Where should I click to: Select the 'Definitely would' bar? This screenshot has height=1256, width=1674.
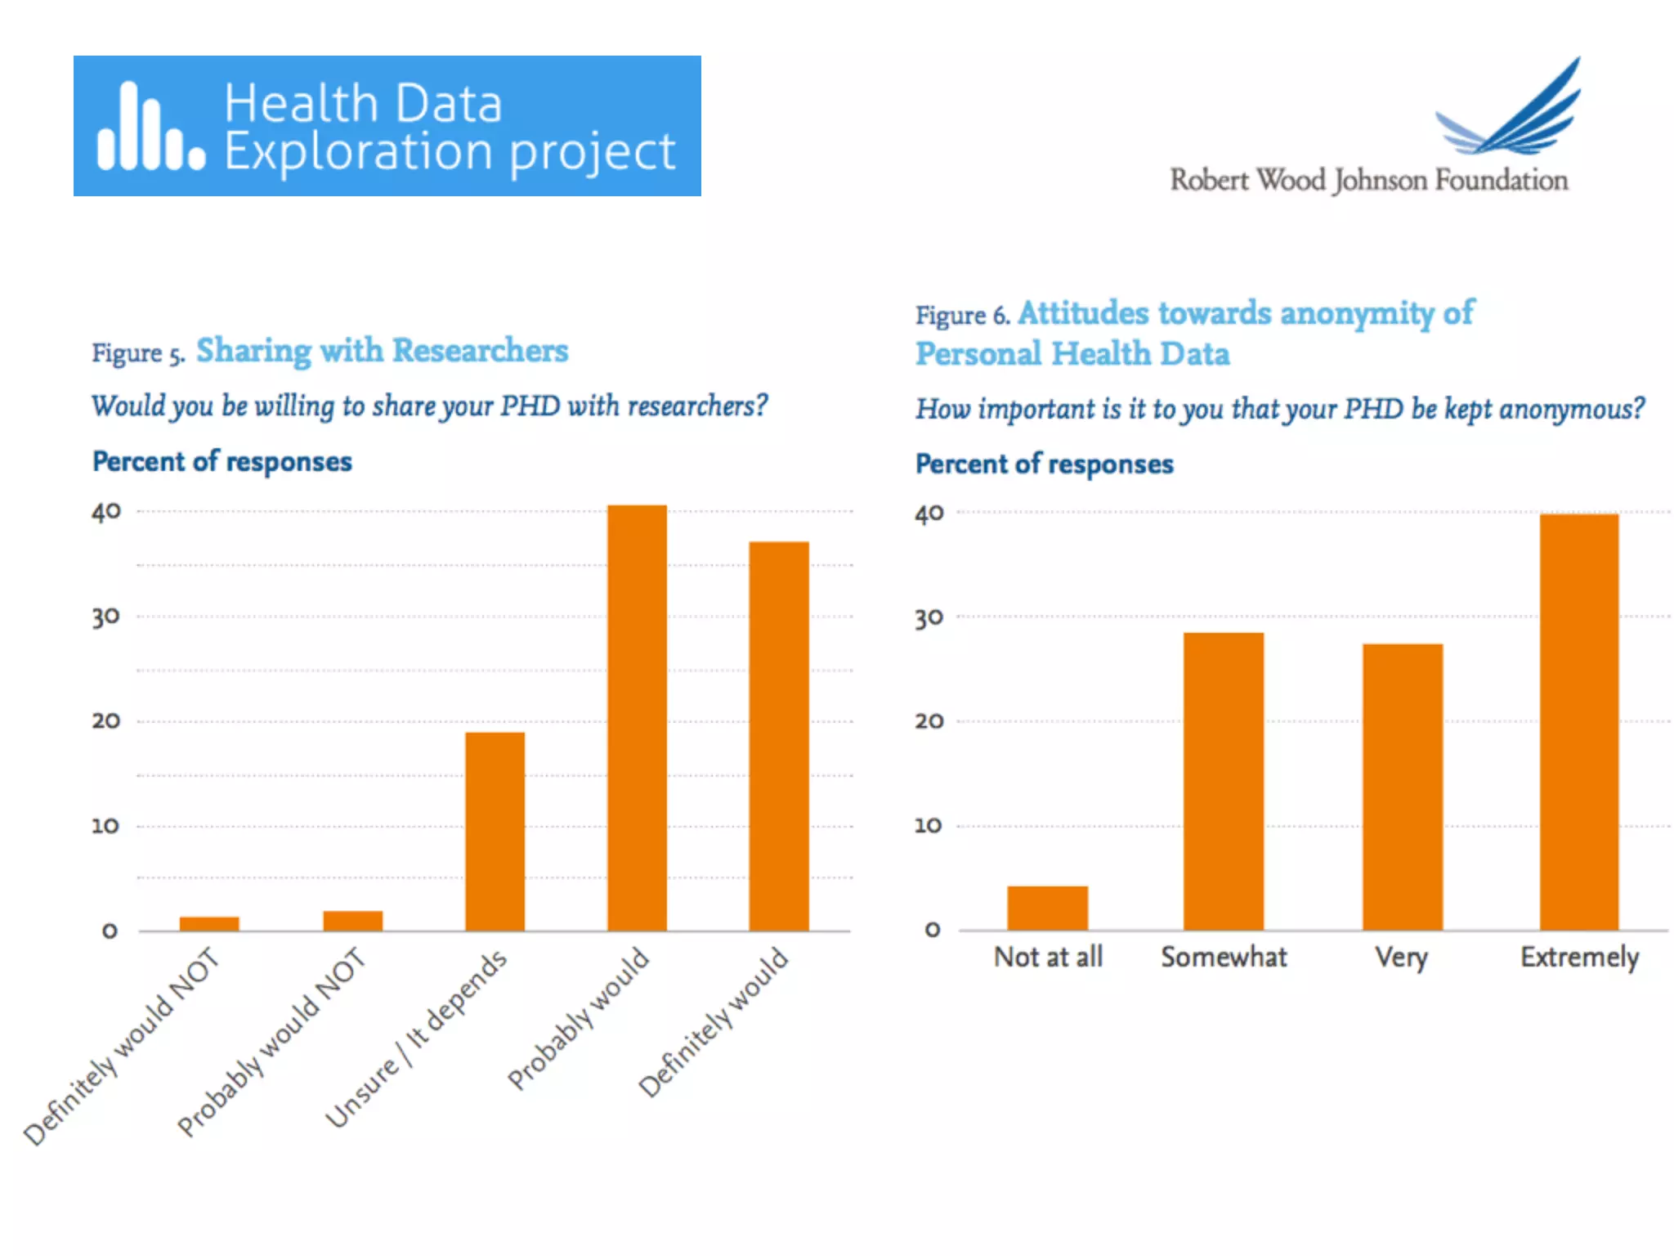click(x=779, y=736)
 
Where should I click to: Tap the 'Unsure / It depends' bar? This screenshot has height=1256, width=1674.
click(x=495, y=831)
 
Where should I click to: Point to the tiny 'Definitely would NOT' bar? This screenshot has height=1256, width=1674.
click(x=209, y=923)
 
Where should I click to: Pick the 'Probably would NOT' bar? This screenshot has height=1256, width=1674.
click(x=352, y=921)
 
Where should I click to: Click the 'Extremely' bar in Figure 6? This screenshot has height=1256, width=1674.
click(x=1578, y=721)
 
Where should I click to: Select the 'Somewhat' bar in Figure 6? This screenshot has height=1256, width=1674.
click(x=1223, y=781)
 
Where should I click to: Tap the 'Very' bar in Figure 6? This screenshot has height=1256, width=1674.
click(x=1402, y=787)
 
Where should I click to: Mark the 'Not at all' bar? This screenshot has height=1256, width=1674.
click(x=1047, y=908)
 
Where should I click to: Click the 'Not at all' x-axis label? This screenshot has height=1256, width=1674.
click(x=1048, y=957)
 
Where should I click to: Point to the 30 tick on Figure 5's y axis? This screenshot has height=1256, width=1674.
click(x=106, y=617)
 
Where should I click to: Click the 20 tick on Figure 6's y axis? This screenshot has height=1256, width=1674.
click(x=929, y=721)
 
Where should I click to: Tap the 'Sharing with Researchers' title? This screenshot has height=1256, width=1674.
click(x=382, y=351)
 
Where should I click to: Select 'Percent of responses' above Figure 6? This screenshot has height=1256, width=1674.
click(x=1044, y=464)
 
